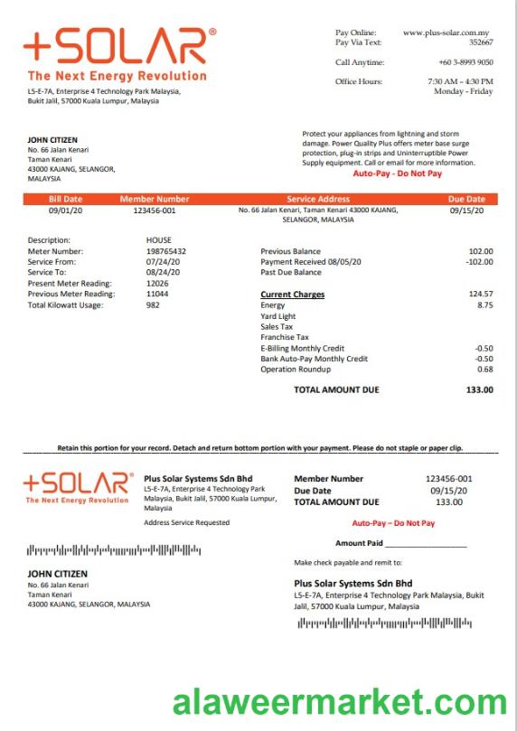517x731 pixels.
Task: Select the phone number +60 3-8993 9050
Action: [x=465, y=62]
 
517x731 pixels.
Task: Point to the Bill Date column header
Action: [x=65, y=199]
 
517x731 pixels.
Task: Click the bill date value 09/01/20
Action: [x=65, y=211]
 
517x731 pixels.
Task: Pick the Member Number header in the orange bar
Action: [x=155, y=199]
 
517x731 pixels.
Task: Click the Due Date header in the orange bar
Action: [x=466, y=199]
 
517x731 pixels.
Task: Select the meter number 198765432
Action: [x=166, y=250]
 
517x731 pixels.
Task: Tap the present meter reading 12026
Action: [x=157, y=283]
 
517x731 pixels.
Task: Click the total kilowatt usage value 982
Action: [x=153, y=305]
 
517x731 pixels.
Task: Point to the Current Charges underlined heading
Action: [x=292, y=295]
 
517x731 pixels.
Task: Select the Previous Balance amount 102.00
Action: [x=481, y=250]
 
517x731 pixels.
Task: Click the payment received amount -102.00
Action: [x=479, y=261]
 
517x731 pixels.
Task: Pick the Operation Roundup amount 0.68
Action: [x=485, y=369]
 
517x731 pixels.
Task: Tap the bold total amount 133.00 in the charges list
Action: [x=479, y=389]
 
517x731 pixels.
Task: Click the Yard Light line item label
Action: [x=277, y=316]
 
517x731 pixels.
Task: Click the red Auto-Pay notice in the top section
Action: [x=398, y=173]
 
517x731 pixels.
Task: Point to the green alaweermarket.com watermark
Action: [x=339, y=702]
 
